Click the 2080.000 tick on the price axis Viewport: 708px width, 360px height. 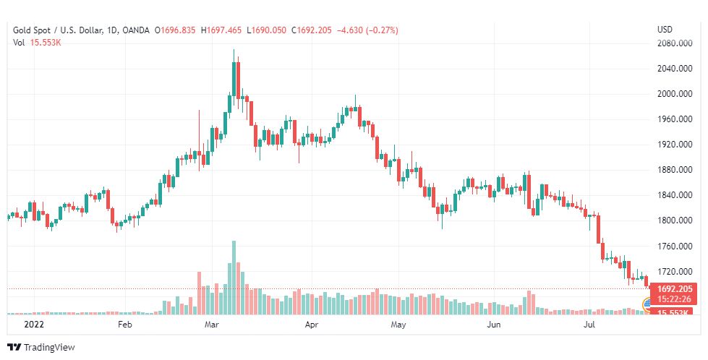[671, 43]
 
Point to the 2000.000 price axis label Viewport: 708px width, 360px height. [671, 94]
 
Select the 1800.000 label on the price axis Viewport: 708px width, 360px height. [671, 220]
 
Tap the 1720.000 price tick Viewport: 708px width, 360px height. [671, 272]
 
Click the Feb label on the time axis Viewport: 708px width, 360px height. [125, 325]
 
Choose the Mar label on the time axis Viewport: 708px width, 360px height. [211, 325]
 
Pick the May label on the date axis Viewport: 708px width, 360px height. [397, 325]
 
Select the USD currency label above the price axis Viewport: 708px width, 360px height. [665, 30]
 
